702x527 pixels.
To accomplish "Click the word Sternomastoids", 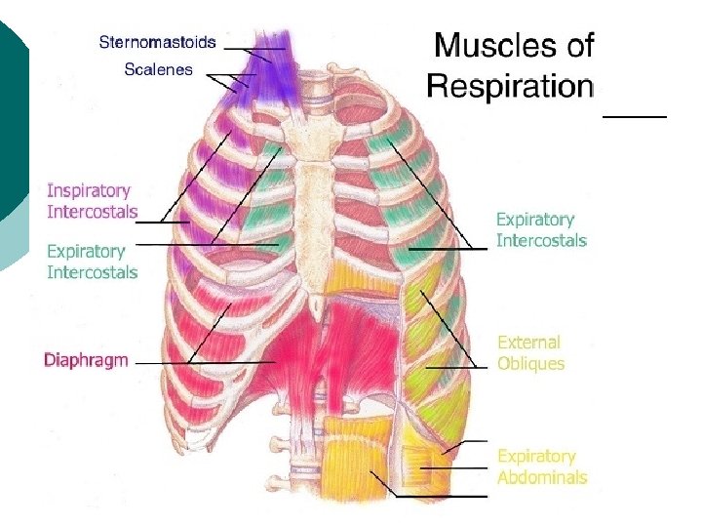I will pos(157,43).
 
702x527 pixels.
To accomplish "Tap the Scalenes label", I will pos(158,69).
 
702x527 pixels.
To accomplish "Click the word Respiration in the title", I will pos(510,86).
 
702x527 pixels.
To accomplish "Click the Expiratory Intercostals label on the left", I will pos(92,262).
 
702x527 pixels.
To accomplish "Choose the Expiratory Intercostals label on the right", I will pos(541,229).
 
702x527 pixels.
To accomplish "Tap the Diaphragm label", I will pos(86,360).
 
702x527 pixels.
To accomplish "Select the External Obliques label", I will pos(530,353).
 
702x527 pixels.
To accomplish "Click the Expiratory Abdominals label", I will pos(542,466).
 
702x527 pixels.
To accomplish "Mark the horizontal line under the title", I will pos(635,116).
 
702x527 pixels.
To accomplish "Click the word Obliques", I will pos(530,364).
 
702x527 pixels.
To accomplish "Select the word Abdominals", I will pos(542,477).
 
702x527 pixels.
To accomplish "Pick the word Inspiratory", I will pos(89,190).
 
